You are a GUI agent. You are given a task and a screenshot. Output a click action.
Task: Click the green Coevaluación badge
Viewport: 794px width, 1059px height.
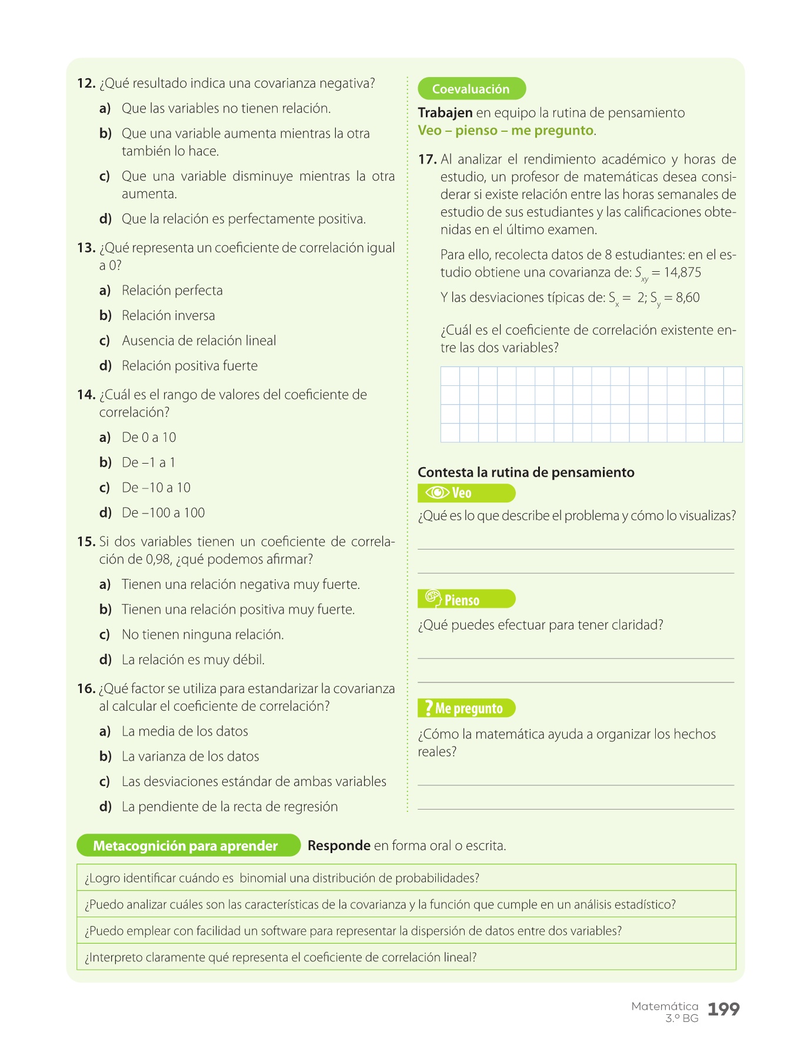(x=471, y=89)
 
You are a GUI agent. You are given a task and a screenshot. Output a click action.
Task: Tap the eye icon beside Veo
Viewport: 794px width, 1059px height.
(x=437, y=492)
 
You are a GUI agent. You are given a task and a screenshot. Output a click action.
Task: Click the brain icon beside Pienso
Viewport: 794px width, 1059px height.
(x=433, y=598)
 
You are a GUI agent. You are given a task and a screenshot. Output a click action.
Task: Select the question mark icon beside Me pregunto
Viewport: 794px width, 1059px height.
(x=429, y=708)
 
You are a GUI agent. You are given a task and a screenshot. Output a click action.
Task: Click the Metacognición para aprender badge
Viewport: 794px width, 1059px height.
(x=186, y=845)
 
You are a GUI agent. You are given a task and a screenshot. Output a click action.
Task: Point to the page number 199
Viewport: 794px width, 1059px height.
(x=723, y=1010)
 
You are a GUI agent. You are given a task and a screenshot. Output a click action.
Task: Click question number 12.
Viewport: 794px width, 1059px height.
(x=86, y=84)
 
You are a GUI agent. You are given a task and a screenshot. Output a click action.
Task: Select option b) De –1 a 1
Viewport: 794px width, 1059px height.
(x=148, y=462)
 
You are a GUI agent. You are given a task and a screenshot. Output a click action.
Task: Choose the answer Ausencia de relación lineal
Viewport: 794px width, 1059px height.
(x=199, y=341)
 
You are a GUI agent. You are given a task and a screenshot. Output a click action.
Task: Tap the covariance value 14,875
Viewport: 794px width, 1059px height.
(x=682, y=272)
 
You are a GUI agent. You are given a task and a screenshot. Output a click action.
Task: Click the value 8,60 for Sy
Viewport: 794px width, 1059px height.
(x=688, y=298)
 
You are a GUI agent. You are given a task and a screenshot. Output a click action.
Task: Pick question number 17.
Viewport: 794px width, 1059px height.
(x=427, y=159)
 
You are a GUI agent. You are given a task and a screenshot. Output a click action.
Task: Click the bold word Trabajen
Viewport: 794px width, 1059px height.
(x=445, y=113)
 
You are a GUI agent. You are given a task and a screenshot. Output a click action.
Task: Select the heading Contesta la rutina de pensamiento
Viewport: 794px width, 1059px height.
(x=526, y=472)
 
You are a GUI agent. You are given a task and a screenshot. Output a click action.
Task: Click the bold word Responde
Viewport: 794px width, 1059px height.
(x=339, y=845)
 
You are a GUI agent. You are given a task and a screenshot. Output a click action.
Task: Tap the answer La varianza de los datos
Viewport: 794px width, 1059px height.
(x=190, y=757)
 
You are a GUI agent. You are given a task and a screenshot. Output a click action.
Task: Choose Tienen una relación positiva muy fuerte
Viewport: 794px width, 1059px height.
(x=238, y=610)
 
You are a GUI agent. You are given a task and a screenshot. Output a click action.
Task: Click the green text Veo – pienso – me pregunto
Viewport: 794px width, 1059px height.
(x=505, y=131)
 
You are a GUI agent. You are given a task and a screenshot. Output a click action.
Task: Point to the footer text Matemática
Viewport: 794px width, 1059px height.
(x=665, y=1006)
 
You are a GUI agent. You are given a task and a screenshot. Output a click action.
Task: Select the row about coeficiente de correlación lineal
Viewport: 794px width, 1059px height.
(x=281, y=957)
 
